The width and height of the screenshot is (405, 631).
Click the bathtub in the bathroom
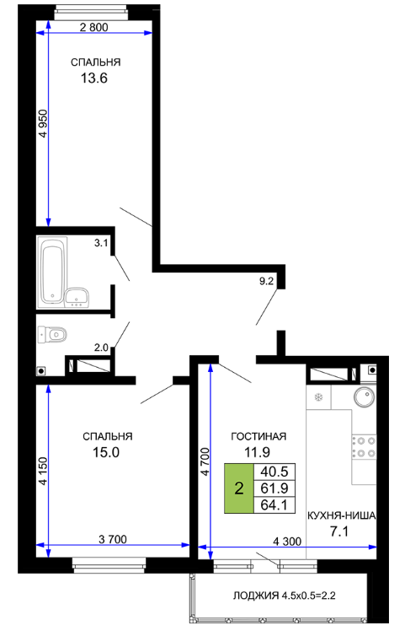point(52,270)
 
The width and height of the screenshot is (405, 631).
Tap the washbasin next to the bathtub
point(77,298)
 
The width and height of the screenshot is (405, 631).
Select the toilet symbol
point(52,334)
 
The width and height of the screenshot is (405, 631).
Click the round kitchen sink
point(365,396)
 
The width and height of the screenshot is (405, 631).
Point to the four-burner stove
point(364,447)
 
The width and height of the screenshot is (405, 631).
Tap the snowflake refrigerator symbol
point(318,397)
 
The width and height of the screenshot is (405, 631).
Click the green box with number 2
point(239,488)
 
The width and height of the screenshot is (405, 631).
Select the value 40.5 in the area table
point(274,472)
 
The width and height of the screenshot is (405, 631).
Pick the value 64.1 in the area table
point(274,504)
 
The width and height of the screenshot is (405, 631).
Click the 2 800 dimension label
point(94,27)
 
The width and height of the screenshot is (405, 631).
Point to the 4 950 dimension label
point(43,123)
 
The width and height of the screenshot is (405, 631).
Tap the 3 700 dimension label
point(113,539)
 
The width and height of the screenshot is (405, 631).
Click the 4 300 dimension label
point(287,542)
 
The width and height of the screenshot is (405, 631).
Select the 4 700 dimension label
point(205,461)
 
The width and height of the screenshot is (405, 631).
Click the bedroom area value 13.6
point(94,78)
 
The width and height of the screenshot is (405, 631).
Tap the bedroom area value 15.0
point(106,452)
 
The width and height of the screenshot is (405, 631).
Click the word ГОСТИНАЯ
point(258,437)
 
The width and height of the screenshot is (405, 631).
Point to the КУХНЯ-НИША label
point(342,515)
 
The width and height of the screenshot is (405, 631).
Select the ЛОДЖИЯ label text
point(256,596)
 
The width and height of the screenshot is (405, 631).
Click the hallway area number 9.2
point(266,281)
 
